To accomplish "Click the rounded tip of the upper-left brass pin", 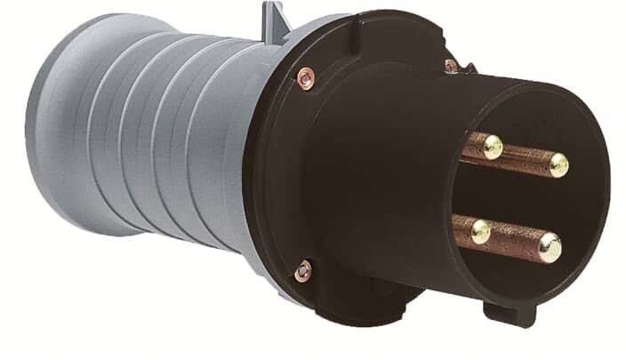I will (x=492, y=146).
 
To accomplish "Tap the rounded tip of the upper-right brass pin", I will (x=558, y=164).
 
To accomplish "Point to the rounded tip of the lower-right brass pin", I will (x=550, y=247).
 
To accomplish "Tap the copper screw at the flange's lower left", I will (x=304, y=269).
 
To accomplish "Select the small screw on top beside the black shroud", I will (x=452, y=65).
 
